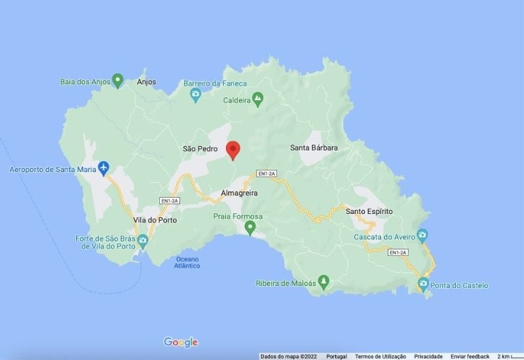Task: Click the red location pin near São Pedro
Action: (x=233, y=150)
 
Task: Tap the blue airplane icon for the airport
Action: (x=103, y=168)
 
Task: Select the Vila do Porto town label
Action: (x=155, y=220)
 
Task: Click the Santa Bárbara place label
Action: (x=314, y=148)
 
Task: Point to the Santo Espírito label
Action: (x=369, y=211)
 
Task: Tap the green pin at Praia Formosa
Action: (x=250, y=227)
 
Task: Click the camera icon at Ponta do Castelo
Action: (x=423, y=284)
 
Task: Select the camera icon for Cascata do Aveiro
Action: (x=422, y=234)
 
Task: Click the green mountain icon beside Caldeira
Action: (x=258, y=99)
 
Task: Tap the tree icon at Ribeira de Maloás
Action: (x=323, y=282)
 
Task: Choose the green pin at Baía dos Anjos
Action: (x=118, y=81)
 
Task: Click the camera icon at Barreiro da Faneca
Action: (x=195, y=95)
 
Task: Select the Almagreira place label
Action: (x=239, y=193)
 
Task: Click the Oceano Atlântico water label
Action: (x=188, y=262)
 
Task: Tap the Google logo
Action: (x=181, y=342)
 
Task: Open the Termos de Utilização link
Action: (x=381, y=356)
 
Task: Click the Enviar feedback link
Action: (x=470, y=356)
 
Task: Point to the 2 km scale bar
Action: (x=508, y=356)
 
